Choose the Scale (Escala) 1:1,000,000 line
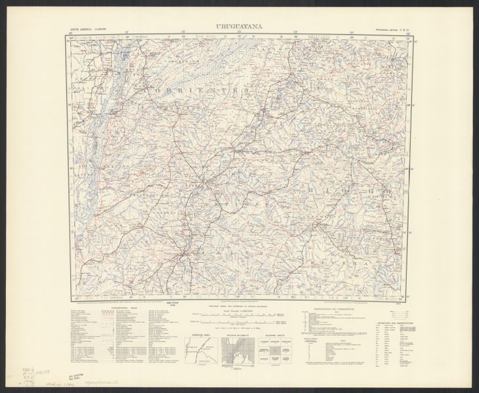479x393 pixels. [239, 310]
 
